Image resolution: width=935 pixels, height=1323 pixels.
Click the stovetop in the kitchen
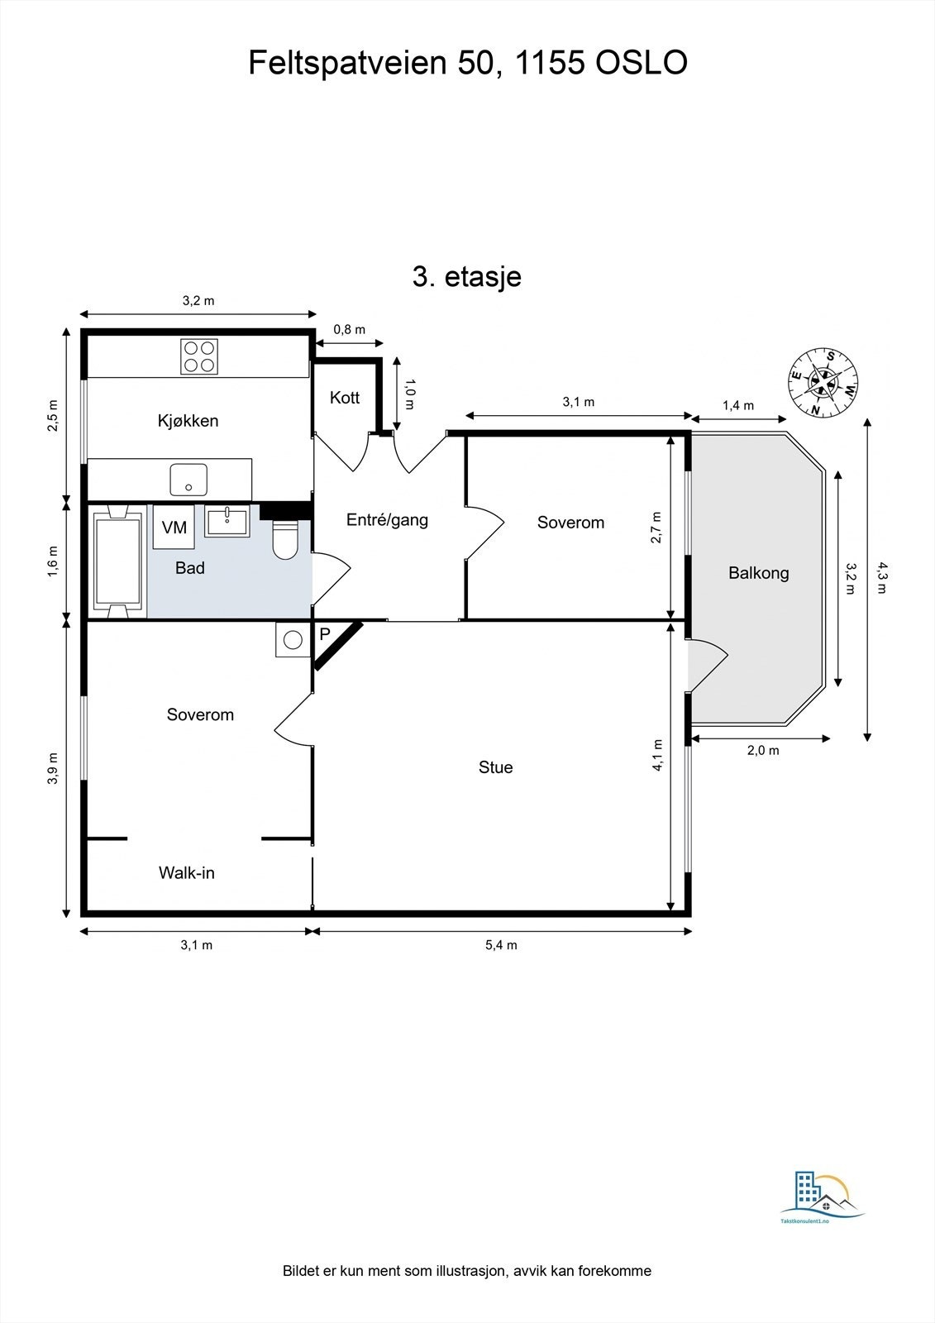[199, 356]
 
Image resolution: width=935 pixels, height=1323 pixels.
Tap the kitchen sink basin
[188, 480]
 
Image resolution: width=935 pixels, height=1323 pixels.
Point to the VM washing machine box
[174, 527]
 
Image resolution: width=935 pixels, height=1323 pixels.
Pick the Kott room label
[345, 398]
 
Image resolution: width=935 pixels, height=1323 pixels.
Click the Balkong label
[758, 573]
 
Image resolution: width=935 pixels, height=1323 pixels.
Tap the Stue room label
[495, 767]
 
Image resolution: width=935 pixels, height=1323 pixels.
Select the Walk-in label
[187, 873]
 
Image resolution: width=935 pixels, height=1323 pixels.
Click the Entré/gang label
[387, 520]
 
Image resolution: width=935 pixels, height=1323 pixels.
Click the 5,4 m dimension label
[502, 945]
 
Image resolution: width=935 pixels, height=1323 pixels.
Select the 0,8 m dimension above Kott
[350, 330]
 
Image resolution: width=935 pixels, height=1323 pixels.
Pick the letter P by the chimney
[325, 634]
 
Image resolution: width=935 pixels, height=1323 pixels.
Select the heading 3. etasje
[466, 276]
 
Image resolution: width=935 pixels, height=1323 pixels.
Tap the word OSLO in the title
[642, 63]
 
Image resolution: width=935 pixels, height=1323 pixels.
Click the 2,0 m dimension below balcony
[763, 751]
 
